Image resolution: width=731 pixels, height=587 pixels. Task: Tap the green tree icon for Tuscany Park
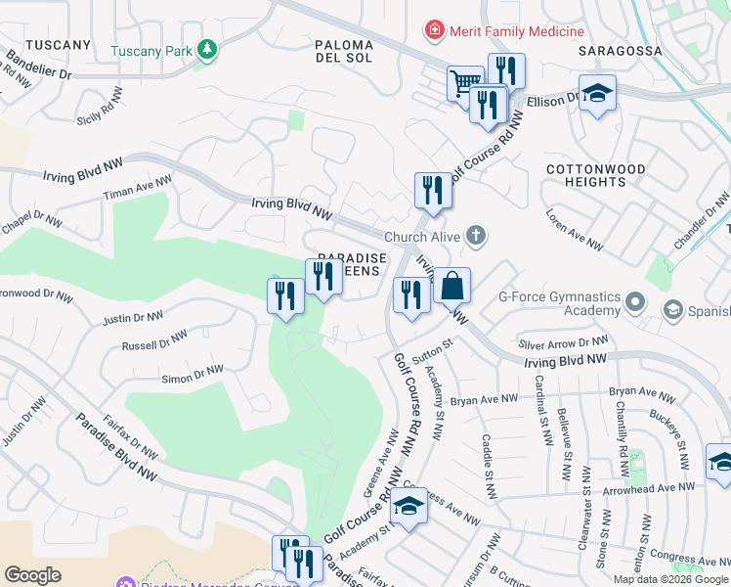click(x=206, y=50)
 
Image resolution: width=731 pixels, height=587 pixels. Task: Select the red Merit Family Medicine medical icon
click(x=434, y=31)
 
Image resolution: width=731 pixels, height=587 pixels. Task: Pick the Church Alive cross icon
click(x=476, y=235)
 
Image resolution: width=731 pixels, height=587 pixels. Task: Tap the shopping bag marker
click(x=451, y=287)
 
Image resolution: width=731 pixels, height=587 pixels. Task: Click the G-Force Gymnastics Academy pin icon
click(x=636, y=302)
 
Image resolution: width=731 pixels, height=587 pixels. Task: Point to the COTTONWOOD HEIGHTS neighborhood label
click(x=595, y=176)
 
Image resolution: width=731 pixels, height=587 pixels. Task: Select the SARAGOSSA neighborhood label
click(x=620, y=50)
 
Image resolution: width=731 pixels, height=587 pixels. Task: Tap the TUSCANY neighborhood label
click(x=58, y=45)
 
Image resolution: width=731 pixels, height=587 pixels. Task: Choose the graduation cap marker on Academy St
click(x=408, y=506)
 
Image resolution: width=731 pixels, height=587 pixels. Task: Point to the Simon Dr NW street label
click(x=192, y=375)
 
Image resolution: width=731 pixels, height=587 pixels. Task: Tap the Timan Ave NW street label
click(x=138, y=189)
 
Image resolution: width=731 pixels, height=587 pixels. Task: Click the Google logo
click(x=32, y=575)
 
